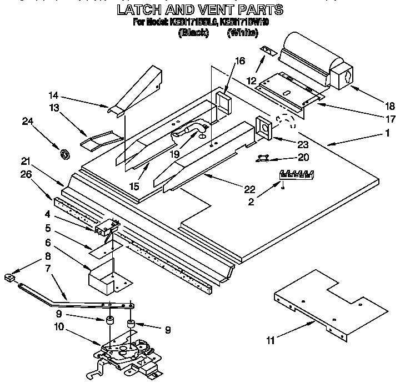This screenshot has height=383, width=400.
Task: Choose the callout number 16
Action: pos(239,61)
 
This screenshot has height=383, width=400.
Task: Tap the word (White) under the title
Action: pos(243,33)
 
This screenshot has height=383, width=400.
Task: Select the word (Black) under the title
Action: pos(193,33)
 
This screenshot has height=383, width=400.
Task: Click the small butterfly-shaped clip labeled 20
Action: pos(261,160)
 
